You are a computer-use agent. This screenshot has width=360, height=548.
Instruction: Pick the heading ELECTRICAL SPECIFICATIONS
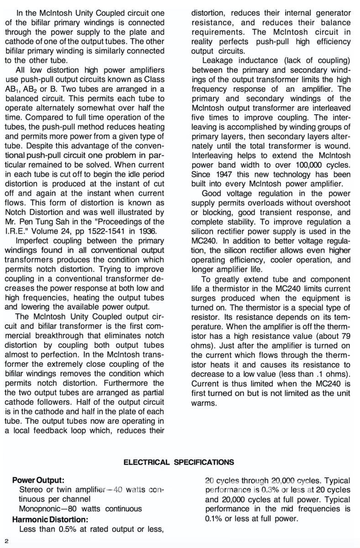[179, 462]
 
